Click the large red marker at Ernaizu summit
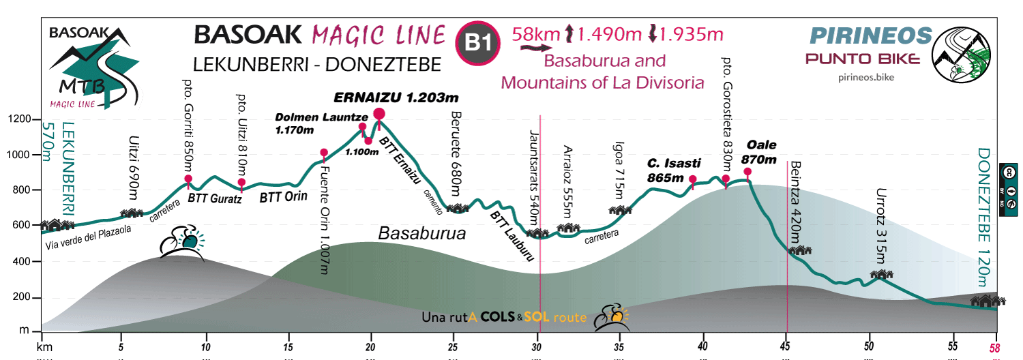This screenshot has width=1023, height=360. click(x=379, y=114)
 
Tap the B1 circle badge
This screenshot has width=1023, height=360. click(x=478, y=42)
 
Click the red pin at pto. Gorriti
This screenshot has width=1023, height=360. click(x=188, y=179)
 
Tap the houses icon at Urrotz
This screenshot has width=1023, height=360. click(x=882, y=275)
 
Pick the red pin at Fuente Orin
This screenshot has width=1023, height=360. click(x=324, y=153)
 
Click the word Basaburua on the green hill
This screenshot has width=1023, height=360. click(x=421, y=234)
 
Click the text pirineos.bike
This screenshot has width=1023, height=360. click(x=865, y=77)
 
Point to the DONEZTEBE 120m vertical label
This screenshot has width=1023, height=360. click(x=983, y=212)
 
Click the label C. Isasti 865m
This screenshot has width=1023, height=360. click(x=674, y=170)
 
